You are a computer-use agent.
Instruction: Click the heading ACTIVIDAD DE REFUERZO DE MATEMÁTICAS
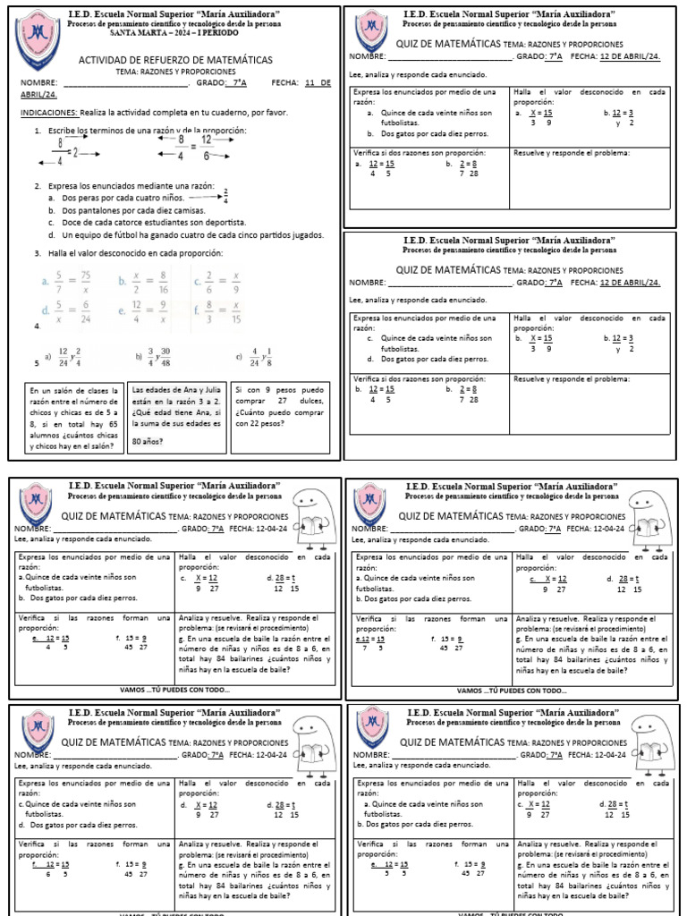coord(176,60)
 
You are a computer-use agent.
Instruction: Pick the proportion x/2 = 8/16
coord(143,282)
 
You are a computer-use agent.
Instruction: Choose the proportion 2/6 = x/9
coord(219,282)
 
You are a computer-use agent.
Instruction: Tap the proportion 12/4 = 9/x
coord(143,311)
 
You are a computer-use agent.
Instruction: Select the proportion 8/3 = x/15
coord(219,311)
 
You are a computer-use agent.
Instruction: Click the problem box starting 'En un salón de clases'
coord(74,417)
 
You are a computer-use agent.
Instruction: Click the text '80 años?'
coord(148,441)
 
